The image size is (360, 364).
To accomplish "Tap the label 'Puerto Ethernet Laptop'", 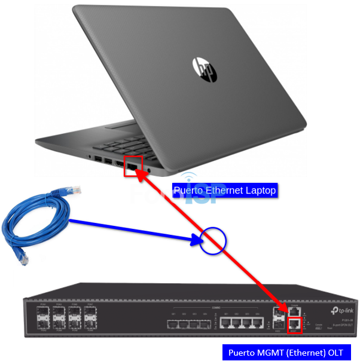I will point(225,191).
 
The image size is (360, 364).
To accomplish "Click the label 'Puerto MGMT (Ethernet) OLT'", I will point(286,353).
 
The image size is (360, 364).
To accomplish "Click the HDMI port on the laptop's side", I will point(120,163).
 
